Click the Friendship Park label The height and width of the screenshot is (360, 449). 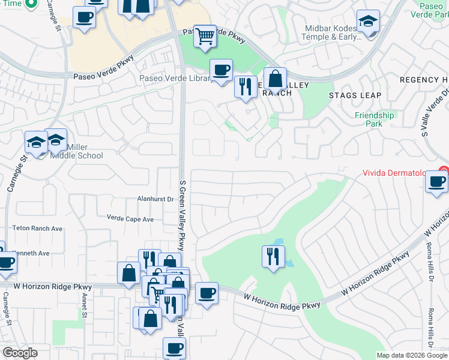[x=375, y=119]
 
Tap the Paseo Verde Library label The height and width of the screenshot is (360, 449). [x=173, y=78]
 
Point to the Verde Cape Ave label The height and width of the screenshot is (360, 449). [x=130, y=219]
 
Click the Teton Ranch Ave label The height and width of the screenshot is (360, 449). [x=38, y=229]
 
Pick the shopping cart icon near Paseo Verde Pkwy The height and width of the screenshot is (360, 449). [x=205, y=37]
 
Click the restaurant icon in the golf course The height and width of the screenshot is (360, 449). [x=273, y=256]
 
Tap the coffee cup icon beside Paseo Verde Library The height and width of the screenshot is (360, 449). [x=221, y=70]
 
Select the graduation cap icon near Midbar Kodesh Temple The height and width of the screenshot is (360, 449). [x=367, y=21]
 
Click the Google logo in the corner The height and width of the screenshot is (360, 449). [x=20, y=353]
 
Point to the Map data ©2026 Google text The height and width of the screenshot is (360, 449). [x=412, y=355]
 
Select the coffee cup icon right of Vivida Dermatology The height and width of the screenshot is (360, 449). [x=437, y=181]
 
